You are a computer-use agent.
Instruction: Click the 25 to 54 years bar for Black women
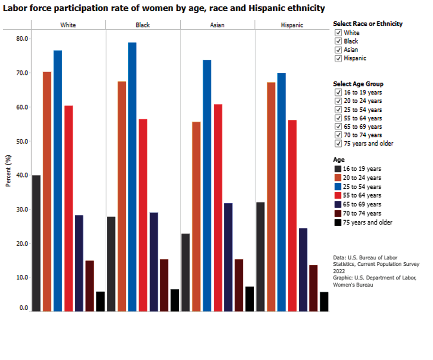[132, 177]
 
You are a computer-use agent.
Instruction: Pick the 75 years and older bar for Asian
[249, 299]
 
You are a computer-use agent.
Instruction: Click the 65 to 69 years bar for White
[79, 263]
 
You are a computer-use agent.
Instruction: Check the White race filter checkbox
[338, 33]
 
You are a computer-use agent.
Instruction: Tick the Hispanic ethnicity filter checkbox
[338, 58]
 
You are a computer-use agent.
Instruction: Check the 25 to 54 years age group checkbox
[338, 110]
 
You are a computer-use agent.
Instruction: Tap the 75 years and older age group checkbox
[338, 143]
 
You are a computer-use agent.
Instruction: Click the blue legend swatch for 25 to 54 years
[338, 187]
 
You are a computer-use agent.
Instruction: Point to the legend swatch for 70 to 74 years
[338, 213]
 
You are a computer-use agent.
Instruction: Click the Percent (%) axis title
[8, 171]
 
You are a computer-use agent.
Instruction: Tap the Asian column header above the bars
[217, 25]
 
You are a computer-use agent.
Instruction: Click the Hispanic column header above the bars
[292, 25]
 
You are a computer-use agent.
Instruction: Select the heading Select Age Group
[358, 84]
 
